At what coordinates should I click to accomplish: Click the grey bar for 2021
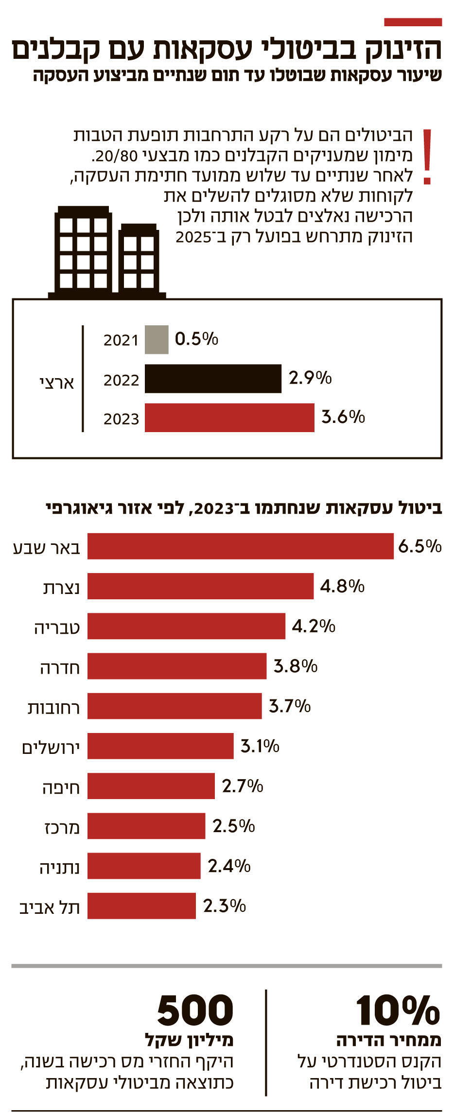click(157, 340)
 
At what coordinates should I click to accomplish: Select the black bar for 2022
click(213, 379)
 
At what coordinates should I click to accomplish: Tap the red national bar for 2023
click(229, 418)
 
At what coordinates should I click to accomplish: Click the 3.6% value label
click(343, 417)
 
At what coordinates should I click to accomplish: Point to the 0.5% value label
click(196, 339)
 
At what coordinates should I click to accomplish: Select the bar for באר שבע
click(240, 546)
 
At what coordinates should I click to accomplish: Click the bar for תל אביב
click(141, 906)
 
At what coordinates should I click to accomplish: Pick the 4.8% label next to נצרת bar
click(342, 586)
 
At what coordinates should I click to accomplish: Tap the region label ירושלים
click(51, 747)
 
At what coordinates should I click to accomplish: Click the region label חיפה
click(61, 787)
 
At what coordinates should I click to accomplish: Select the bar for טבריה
click(186, 626)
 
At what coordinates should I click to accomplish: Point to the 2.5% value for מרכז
click(234, 826)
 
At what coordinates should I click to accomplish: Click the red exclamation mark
click(427, 157)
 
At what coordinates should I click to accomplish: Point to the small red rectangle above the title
click(413, 22)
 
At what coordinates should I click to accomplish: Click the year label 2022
click(121, 380)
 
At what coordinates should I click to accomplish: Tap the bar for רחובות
click(175, 706)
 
